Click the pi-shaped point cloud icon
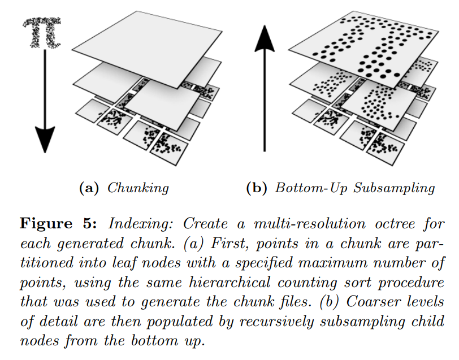[42, 32]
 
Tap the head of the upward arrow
[265, 38]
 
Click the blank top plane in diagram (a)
[147, 49]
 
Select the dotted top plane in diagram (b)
[363, 49]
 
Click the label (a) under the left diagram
[89, 188]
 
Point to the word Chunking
[138, 188]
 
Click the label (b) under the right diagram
[257, 188]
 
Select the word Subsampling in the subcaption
[394, 188]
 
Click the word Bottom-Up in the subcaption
[311, 188]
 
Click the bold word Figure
[46, 224]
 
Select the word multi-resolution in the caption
[310, 224]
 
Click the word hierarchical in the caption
[229, 283]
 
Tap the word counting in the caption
[308, 283]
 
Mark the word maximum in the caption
[334, 263]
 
